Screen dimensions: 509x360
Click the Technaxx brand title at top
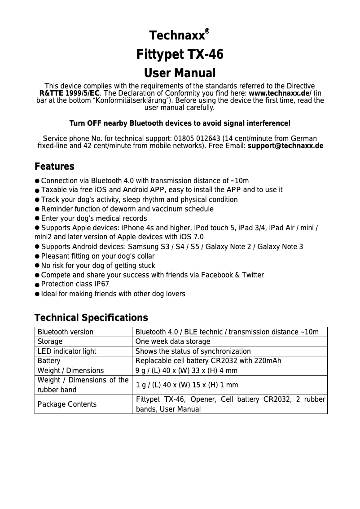176,36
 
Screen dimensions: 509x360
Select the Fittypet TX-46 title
180,55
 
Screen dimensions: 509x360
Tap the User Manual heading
180,73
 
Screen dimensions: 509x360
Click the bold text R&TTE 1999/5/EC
70,93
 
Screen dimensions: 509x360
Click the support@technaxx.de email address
285,146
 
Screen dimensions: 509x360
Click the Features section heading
54,167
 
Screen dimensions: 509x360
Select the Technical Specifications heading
91,318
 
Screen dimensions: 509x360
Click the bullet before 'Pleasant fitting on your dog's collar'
37,256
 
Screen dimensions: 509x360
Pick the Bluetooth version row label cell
66,332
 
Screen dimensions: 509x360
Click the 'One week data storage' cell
173,342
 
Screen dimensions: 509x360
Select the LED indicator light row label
67,351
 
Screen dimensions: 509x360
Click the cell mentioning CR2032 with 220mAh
208,360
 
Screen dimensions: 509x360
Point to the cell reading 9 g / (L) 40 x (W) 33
186,370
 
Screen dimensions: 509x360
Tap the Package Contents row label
67,404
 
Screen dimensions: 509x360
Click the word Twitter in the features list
252,275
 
